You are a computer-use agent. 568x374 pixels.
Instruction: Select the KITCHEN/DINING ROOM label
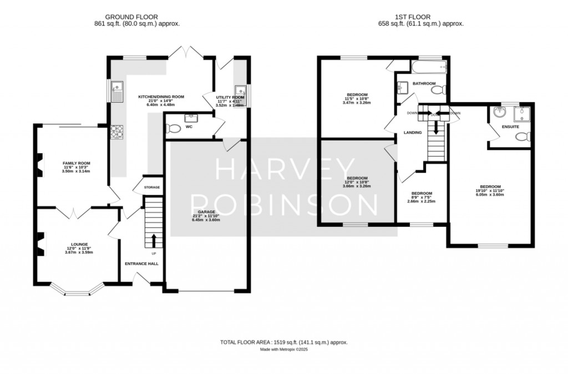[161, 97]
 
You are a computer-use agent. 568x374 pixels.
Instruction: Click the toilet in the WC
[174, 129]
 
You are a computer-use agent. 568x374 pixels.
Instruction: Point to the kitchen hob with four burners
[118, 132]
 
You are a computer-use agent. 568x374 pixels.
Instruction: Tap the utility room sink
[240, 91]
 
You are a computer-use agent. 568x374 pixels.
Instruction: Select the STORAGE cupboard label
[152, 188]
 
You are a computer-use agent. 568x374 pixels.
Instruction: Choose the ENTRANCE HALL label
[141, 264]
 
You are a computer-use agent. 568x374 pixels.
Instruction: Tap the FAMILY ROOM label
[76, 163]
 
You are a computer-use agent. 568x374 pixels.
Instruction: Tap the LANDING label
[413, 132]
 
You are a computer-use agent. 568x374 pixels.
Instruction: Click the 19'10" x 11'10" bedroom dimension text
[490, 191]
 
